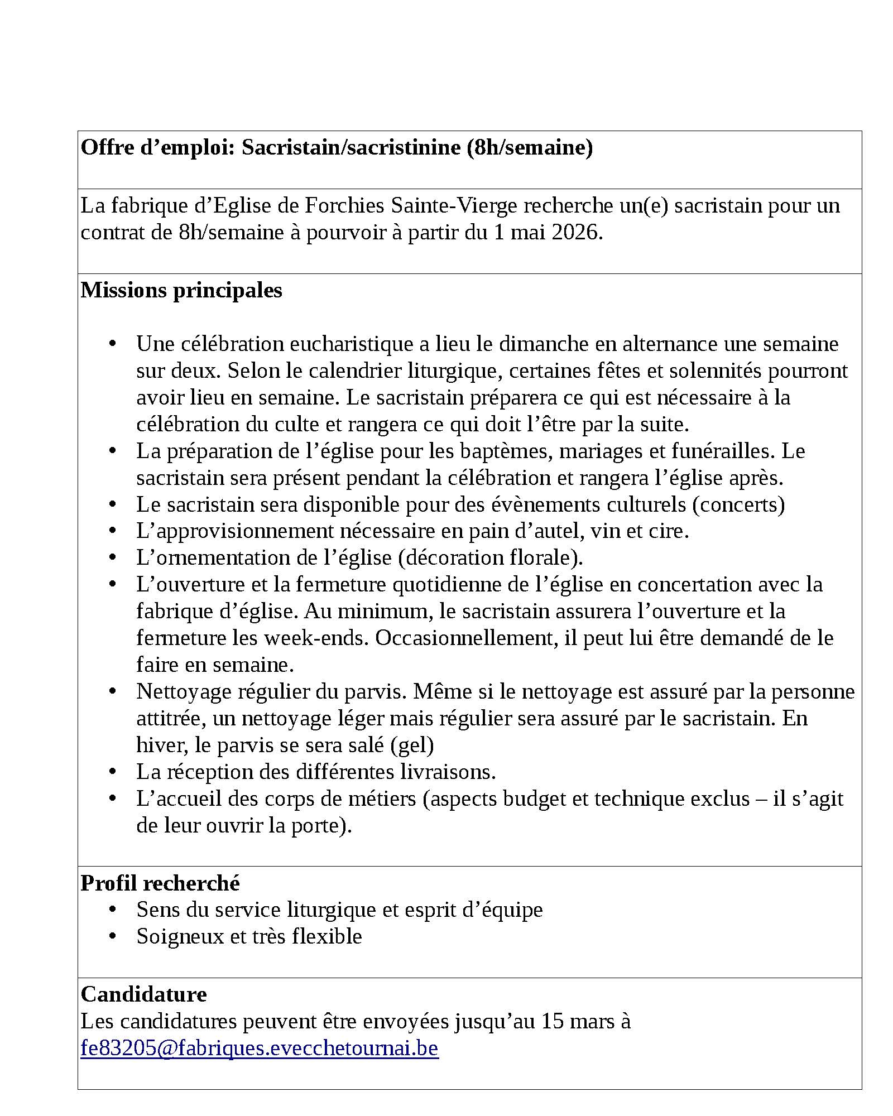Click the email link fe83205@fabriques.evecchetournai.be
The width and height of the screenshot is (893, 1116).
tap(260, 1048)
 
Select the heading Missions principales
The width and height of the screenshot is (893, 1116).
tap(181, 290)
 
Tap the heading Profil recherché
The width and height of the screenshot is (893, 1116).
tap(160, 883)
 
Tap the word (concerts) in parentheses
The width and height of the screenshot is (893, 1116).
tap(738, 504)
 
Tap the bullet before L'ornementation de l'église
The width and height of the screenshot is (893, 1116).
tap(113, 557)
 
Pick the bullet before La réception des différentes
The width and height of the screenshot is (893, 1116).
tap(113, 771)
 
